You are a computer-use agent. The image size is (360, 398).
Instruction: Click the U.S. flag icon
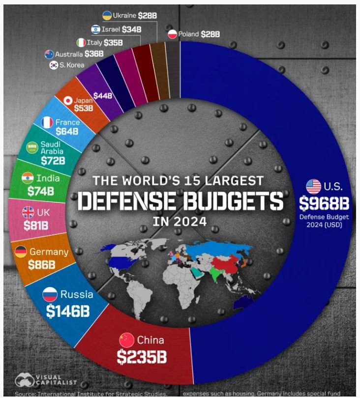tap(313, 186)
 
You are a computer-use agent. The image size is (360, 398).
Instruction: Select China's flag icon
tap(127, 340)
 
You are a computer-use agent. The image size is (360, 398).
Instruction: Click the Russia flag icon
tap(50, 294)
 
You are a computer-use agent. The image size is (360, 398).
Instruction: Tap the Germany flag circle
tap(21, 252)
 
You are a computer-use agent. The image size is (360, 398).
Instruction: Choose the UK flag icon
tap(28, 213)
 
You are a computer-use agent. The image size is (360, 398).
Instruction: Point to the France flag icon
tap(47, 122)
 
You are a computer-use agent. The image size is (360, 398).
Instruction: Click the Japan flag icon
tap(68, 101)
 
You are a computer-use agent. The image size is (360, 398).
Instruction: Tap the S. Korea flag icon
tap(54, 65)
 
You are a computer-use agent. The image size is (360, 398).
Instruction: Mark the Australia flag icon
tap(49, 54)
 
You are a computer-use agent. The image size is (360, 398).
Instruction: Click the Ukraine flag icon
tap(107, 16)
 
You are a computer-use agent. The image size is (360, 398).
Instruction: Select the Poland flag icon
tap(172, 34)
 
